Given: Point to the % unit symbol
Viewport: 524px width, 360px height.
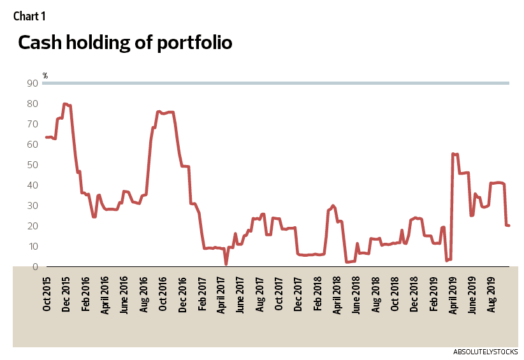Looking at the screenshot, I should coord(45,76).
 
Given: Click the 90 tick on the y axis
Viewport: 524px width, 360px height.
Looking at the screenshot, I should coord(31,83).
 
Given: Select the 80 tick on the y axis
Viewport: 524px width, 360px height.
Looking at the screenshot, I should coord(31,103).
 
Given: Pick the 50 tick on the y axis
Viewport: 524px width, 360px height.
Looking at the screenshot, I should coord(31,164).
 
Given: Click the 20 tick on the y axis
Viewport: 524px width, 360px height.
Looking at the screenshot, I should coord(31,226).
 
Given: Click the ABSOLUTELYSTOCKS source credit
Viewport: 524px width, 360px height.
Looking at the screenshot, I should coord(485,352).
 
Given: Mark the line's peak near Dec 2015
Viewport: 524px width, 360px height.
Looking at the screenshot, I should coord(65,104).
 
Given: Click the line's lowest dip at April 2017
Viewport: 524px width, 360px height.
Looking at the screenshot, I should coord(226,264).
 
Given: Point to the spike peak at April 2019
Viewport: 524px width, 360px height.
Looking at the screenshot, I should coord(453,154).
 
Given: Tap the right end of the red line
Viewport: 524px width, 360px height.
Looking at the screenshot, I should coord(509,226).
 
